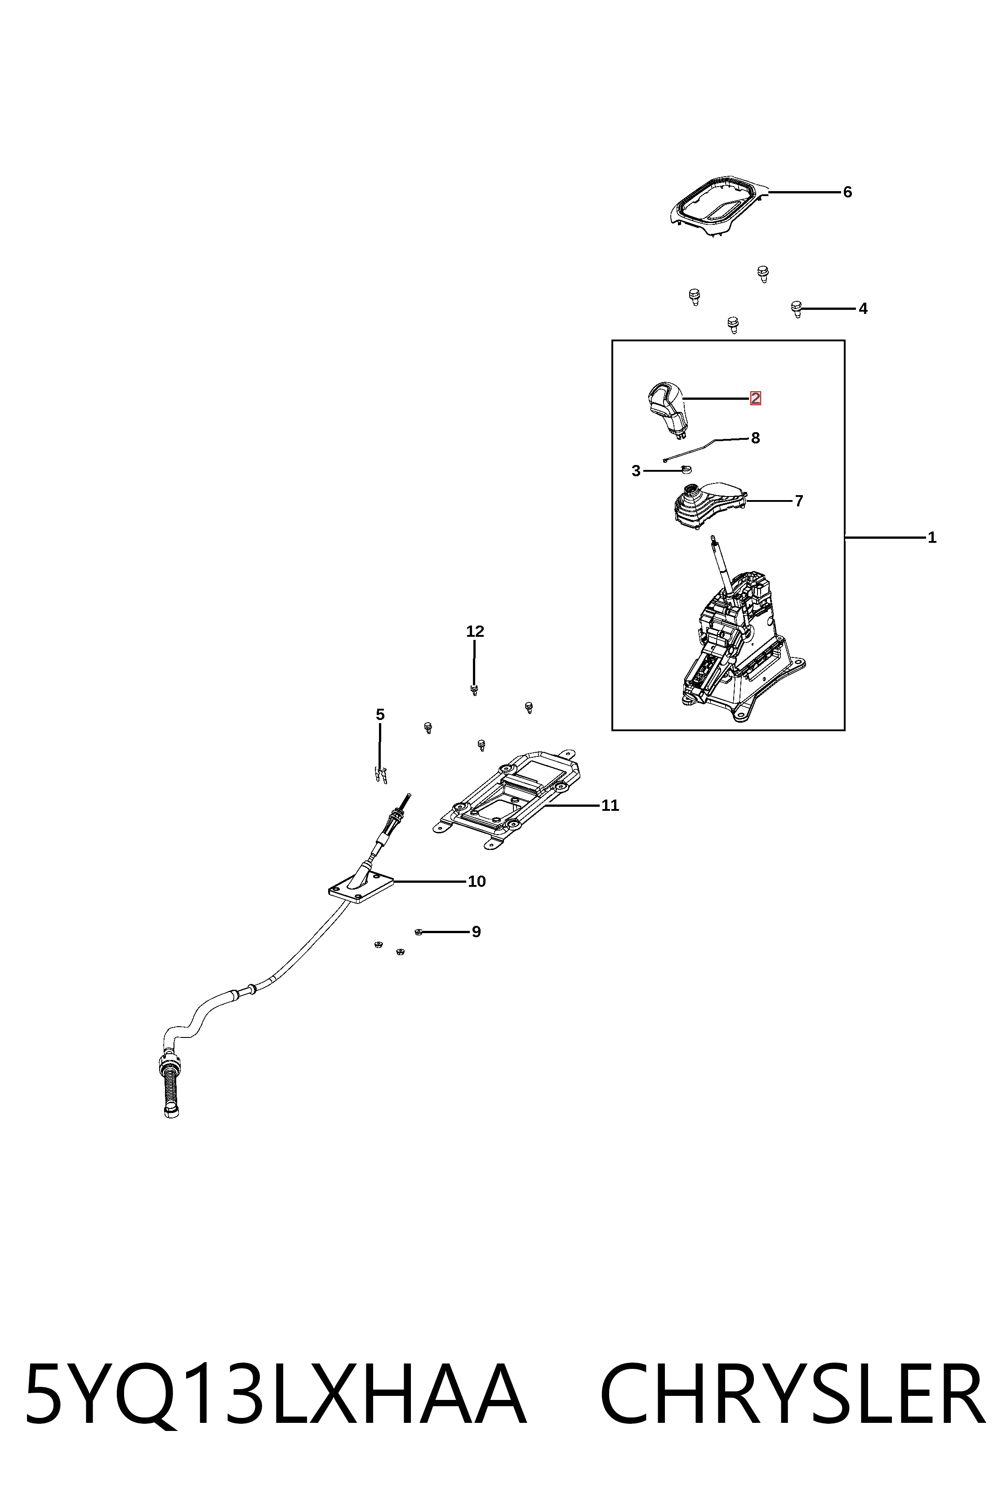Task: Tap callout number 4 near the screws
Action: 863,309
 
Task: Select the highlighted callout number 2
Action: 755,398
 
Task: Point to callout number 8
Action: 755,438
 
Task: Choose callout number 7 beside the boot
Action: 799,501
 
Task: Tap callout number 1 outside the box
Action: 932,538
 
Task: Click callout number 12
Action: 475,631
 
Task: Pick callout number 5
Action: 380,715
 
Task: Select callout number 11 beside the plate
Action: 610,805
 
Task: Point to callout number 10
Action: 477,881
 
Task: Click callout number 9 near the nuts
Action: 476,931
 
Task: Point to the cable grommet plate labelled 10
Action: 360,886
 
